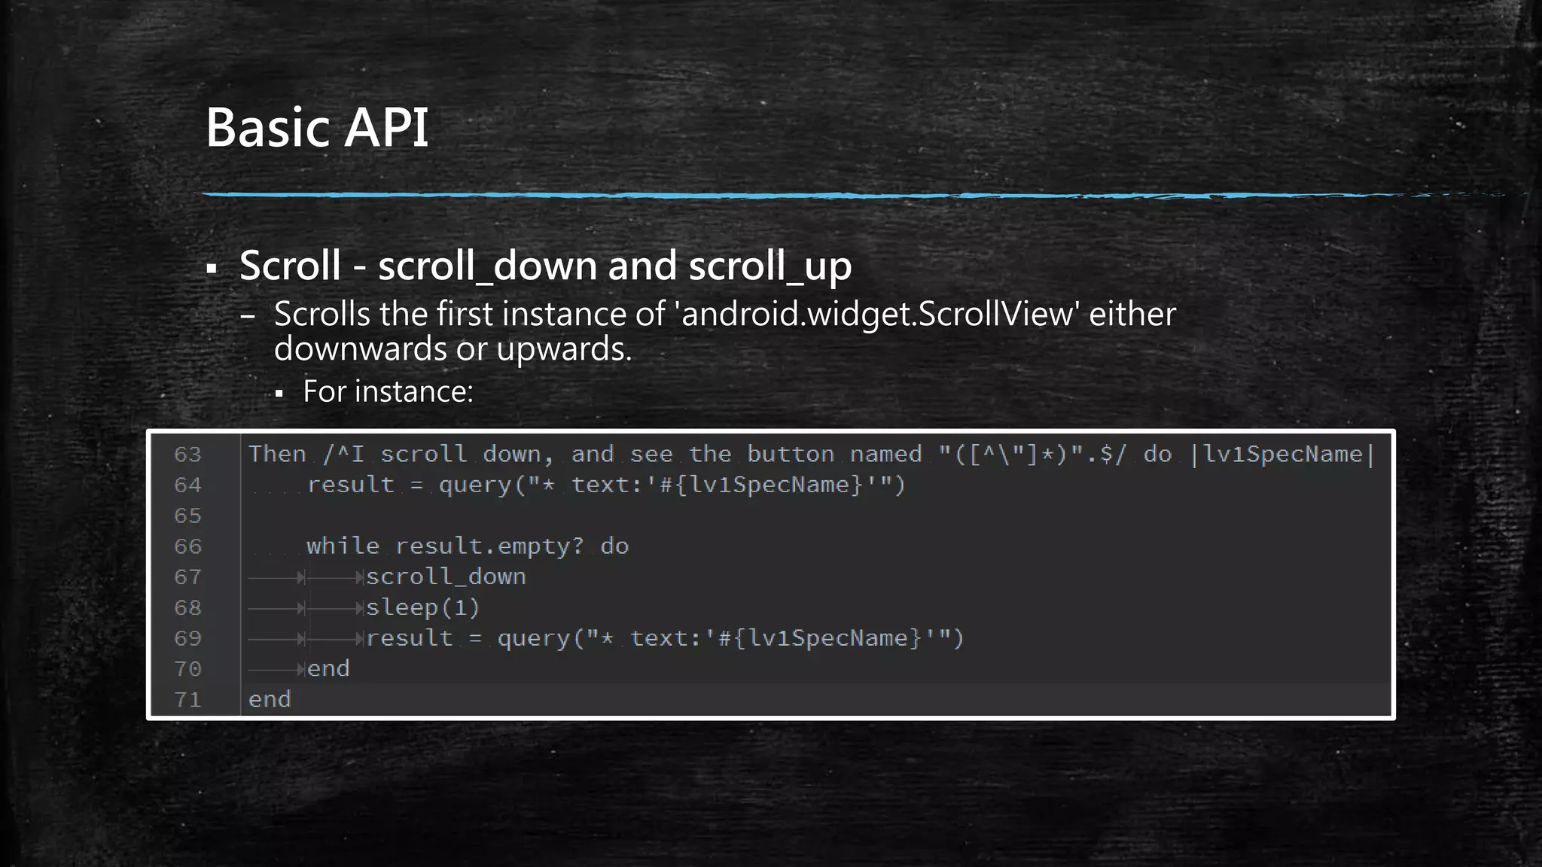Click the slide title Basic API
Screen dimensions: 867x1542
point(317,127)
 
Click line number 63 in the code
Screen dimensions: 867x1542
point(187,455)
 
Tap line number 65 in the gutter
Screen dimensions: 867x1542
point(187,516)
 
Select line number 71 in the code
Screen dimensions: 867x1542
point(187,700)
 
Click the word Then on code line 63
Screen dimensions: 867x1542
point(277,454)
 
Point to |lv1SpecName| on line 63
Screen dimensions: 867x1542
point(1282,454)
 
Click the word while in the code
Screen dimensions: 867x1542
point(343,546)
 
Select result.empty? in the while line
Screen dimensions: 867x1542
point(489,546)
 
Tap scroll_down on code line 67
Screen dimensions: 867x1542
point(446,577)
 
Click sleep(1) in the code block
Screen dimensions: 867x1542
point(422,608)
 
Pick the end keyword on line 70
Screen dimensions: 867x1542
point(328,669)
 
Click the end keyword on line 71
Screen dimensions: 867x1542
point(270,700)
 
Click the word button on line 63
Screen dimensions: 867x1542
point(791,454)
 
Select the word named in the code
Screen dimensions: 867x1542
point(885,454)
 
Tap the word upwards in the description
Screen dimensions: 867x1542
point(564,349)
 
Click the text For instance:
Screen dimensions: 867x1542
point(388,392)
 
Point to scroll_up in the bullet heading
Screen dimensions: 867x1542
point(769,266)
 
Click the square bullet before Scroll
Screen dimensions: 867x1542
point(212,269)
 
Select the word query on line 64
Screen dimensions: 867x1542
point(475,485)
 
